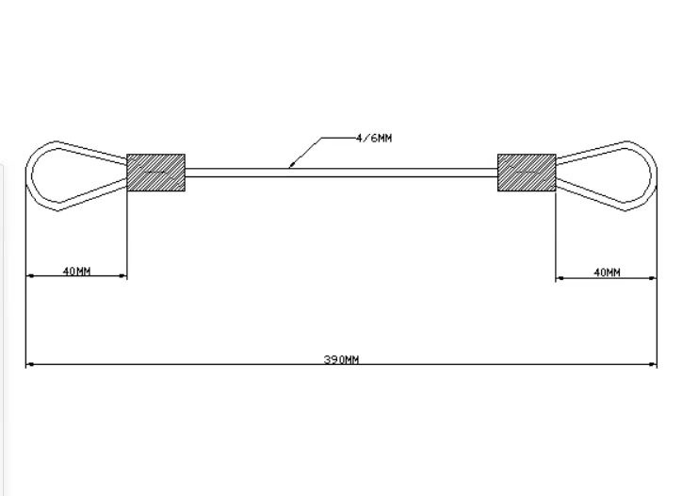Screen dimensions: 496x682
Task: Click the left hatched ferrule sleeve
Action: click(155, 172)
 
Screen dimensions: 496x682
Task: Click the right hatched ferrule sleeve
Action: click(526, 172)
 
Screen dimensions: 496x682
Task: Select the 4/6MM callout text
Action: click(374, 138)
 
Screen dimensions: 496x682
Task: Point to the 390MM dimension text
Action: click(342, 360)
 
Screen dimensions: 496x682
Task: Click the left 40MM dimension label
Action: click(76, 272)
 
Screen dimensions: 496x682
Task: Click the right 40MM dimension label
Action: click(607, 273)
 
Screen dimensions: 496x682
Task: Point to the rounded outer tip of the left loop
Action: click(29, 174)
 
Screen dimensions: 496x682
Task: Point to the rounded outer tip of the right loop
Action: click(653, 174)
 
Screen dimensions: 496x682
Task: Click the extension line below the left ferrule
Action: click(126, 236)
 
